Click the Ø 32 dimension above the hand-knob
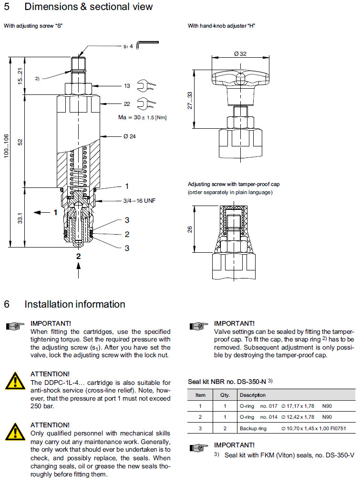240,54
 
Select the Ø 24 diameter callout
129,137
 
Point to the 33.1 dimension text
21,218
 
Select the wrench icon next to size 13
146,86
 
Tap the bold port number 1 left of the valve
55,211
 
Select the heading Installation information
74,304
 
